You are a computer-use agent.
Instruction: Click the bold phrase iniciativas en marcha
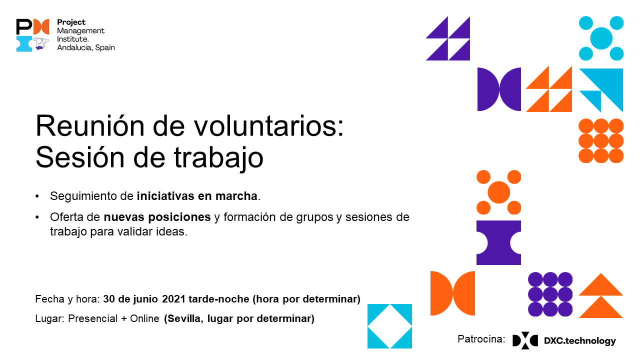(197, 196)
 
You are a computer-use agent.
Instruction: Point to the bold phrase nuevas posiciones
(157, 217)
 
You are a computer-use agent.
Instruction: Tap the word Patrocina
(481, 339)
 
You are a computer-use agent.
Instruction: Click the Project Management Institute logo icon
(32, 35)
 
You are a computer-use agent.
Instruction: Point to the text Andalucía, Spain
(86, 47)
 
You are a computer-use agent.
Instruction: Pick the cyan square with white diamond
(389, 326)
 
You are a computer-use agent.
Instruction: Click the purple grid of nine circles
(550, 294)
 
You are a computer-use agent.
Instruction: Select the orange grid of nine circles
(601, 140)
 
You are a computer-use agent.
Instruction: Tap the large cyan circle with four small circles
(601, 38)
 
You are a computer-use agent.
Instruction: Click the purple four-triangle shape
(448, 38)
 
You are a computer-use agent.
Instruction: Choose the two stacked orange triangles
(601, 295)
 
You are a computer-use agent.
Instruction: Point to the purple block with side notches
(498, 242)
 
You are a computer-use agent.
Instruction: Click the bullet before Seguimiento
(37, 196)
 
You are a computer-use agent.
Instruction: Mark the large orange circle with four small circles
(498, 192)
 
